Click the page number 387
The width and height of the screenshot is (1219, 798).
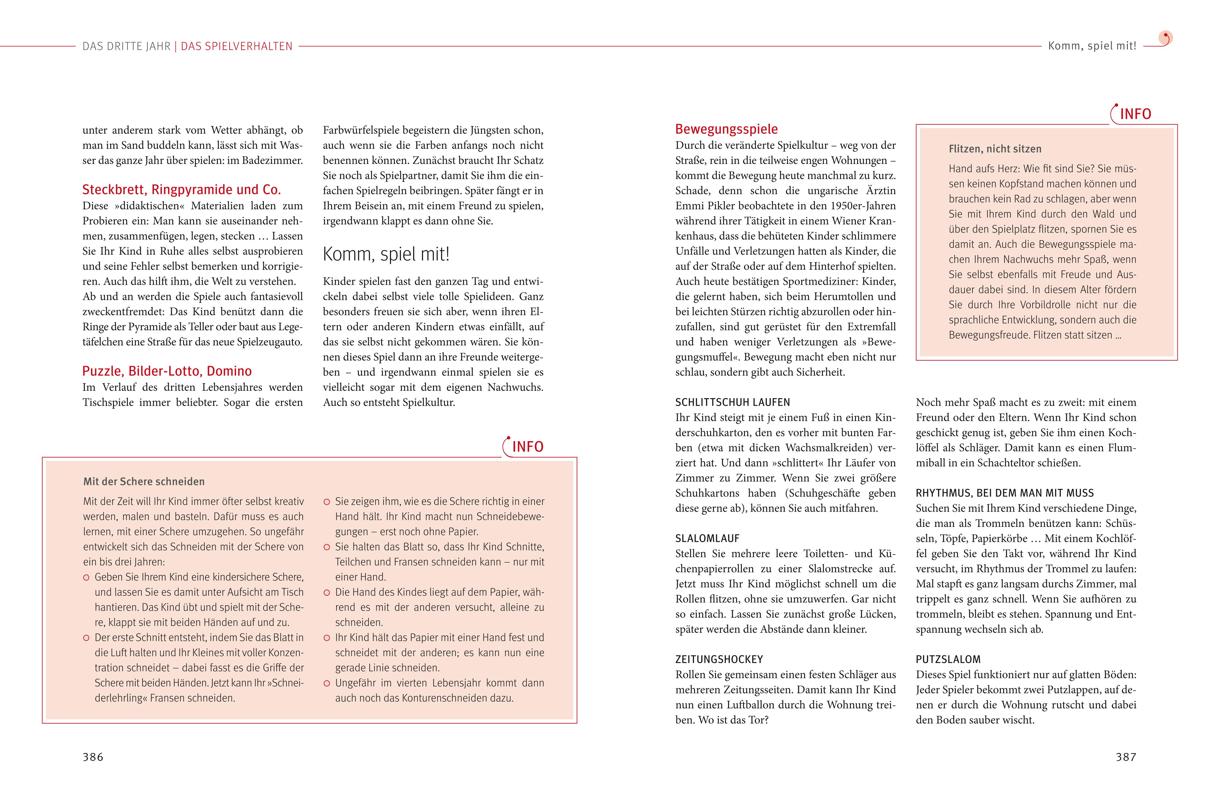tap(1126, 757)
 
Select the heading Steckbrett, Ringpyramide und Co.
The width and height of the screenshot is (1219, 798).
tap(181, 190)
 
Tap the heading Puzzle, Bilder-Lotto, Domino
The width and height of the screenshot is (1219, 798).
tap(167, 371)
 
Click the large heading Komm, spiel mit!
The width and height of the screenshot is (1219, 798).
tap(386, 254)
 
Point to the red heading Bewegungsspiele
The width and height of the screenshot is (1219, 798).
tap(726, 129)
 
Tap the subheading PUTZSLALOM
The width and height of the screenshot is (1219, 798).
tap(948, 660)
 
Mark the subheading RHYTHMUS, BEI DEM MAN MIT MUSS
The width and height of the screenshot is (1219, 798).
tap(1004, 493)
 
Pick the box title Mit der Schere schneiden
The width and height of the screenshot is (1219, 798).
tap(144, 482)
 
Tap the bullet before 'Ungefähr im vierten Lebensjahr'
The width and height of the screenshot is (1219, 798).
tap(327, 683)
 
